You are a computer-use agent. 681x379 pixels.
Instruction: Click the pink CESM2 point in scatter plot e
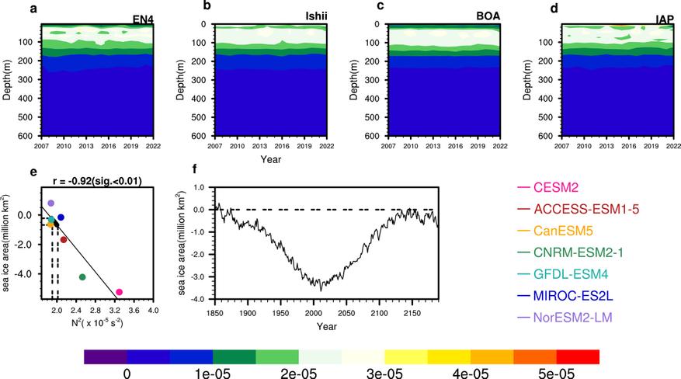119,292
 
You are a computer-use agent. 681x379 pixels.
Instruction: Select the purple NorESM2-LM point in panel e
51,203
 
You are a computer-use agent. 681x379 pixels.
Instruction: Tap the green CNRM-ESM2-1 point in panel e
82,277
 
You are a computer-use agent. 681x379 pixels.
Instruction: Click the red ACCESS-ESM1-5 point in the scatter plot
64,239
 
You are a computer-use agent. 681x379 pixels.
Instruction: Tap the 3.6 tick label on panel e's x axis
134,313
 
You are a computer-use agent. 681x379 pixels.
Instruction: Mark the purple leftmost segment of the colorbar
105,356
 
